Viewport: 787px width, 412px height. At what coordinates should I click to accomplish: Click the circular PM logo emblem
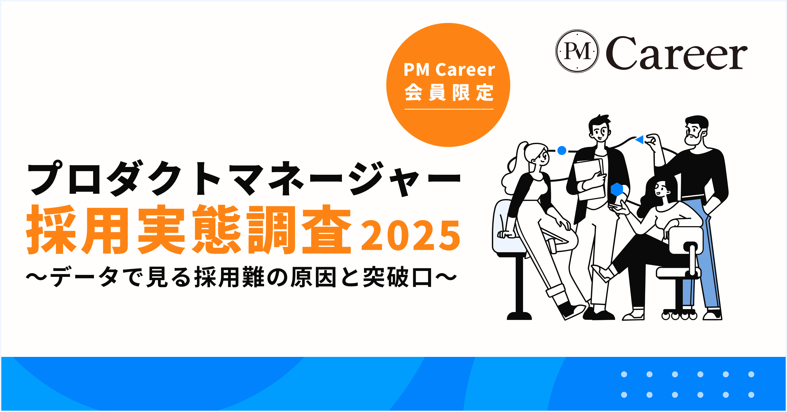click(x=577, y=51)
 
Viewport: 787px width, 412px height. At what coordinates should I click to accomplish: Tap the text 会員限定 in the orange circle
click(x=449, y=92)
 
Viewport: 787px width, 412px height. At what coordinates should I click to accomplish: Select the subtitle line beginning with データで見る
click(x=241, y=277)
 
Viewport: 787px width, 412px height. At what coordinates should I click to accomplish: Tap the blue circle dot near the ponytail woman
click(x=562, y=150)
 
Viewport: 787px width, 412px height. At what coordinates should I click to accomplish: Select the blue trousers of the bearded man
click(x=703, y=254)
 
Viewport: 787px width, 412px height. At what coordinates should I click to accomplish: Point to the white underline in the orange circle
click(x=449, y=109)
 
